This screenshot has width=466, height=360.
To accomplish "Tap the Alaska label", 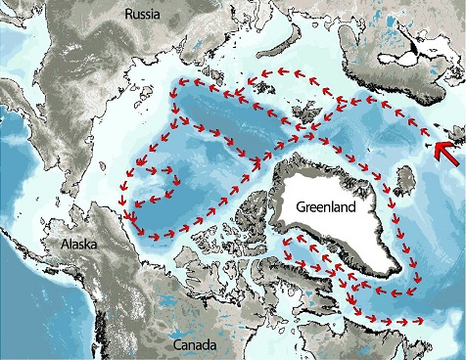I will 68,245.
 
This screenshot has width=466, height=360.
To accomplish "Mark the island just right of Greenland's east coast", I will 405,182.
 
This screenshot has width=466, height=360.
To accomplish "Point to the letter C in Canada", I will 176,346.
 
